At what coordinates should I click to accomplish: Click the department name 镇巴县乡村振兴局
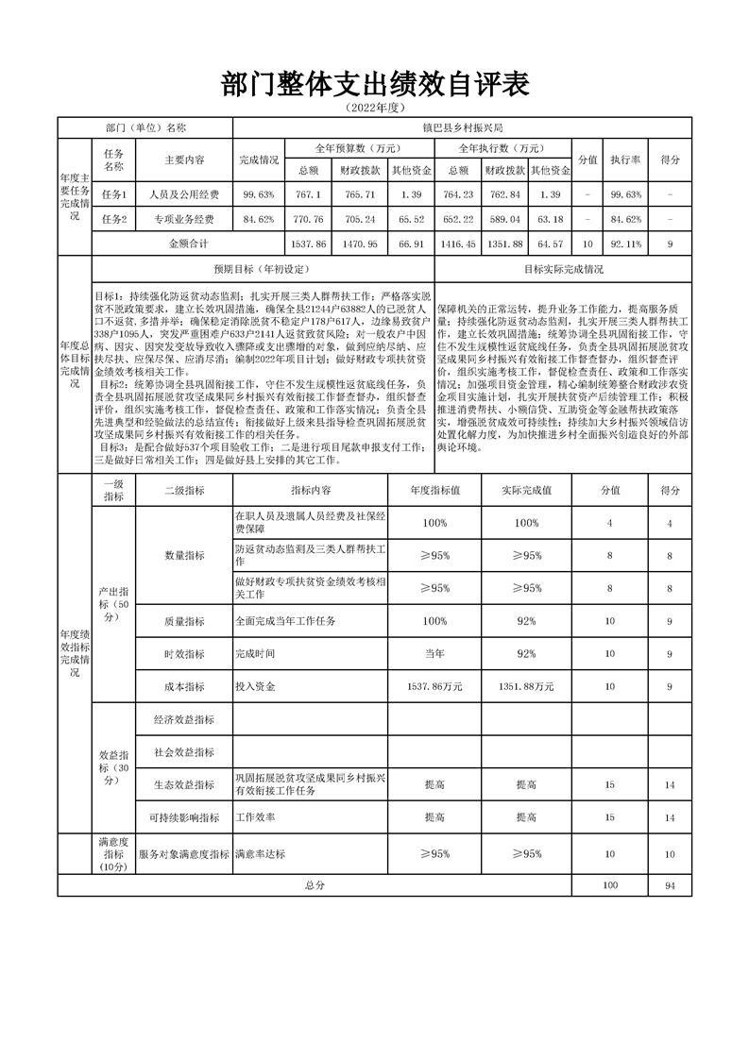pos(463,127)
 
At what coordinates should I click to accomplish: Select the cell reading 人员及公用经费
pos(184,195)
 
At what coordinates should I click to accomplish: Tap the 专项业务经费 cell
pos(184,220)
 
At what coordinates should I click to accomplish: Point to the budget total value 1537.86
pos(309,244)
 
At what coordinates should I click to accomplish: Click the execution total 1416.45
pos(457,244)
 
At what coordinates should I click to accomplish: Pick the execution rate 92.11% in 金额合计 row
pos(625,244)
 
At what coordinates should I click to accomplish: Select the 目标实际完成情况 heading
pos(563,269)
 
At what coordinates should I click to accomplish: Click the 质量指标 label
pos(184,622)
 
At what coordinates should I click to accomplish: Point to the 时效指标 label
pos(184,654)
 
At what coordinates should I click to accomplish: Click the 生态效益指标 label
pos(184,784)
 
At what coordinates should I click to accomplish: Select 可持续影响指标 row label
pos(184,817)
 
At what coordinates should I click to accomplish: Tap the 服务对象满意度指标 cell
pos(184,854)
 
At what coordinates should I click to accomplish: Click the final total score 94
pos(671,886)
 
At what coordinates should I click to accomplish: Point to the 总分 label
pos(315,886)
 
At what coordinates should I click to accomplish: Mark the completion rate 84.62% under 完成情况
pos(258,220)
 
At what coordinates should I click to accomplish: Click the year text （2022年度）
pos(375,109)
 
